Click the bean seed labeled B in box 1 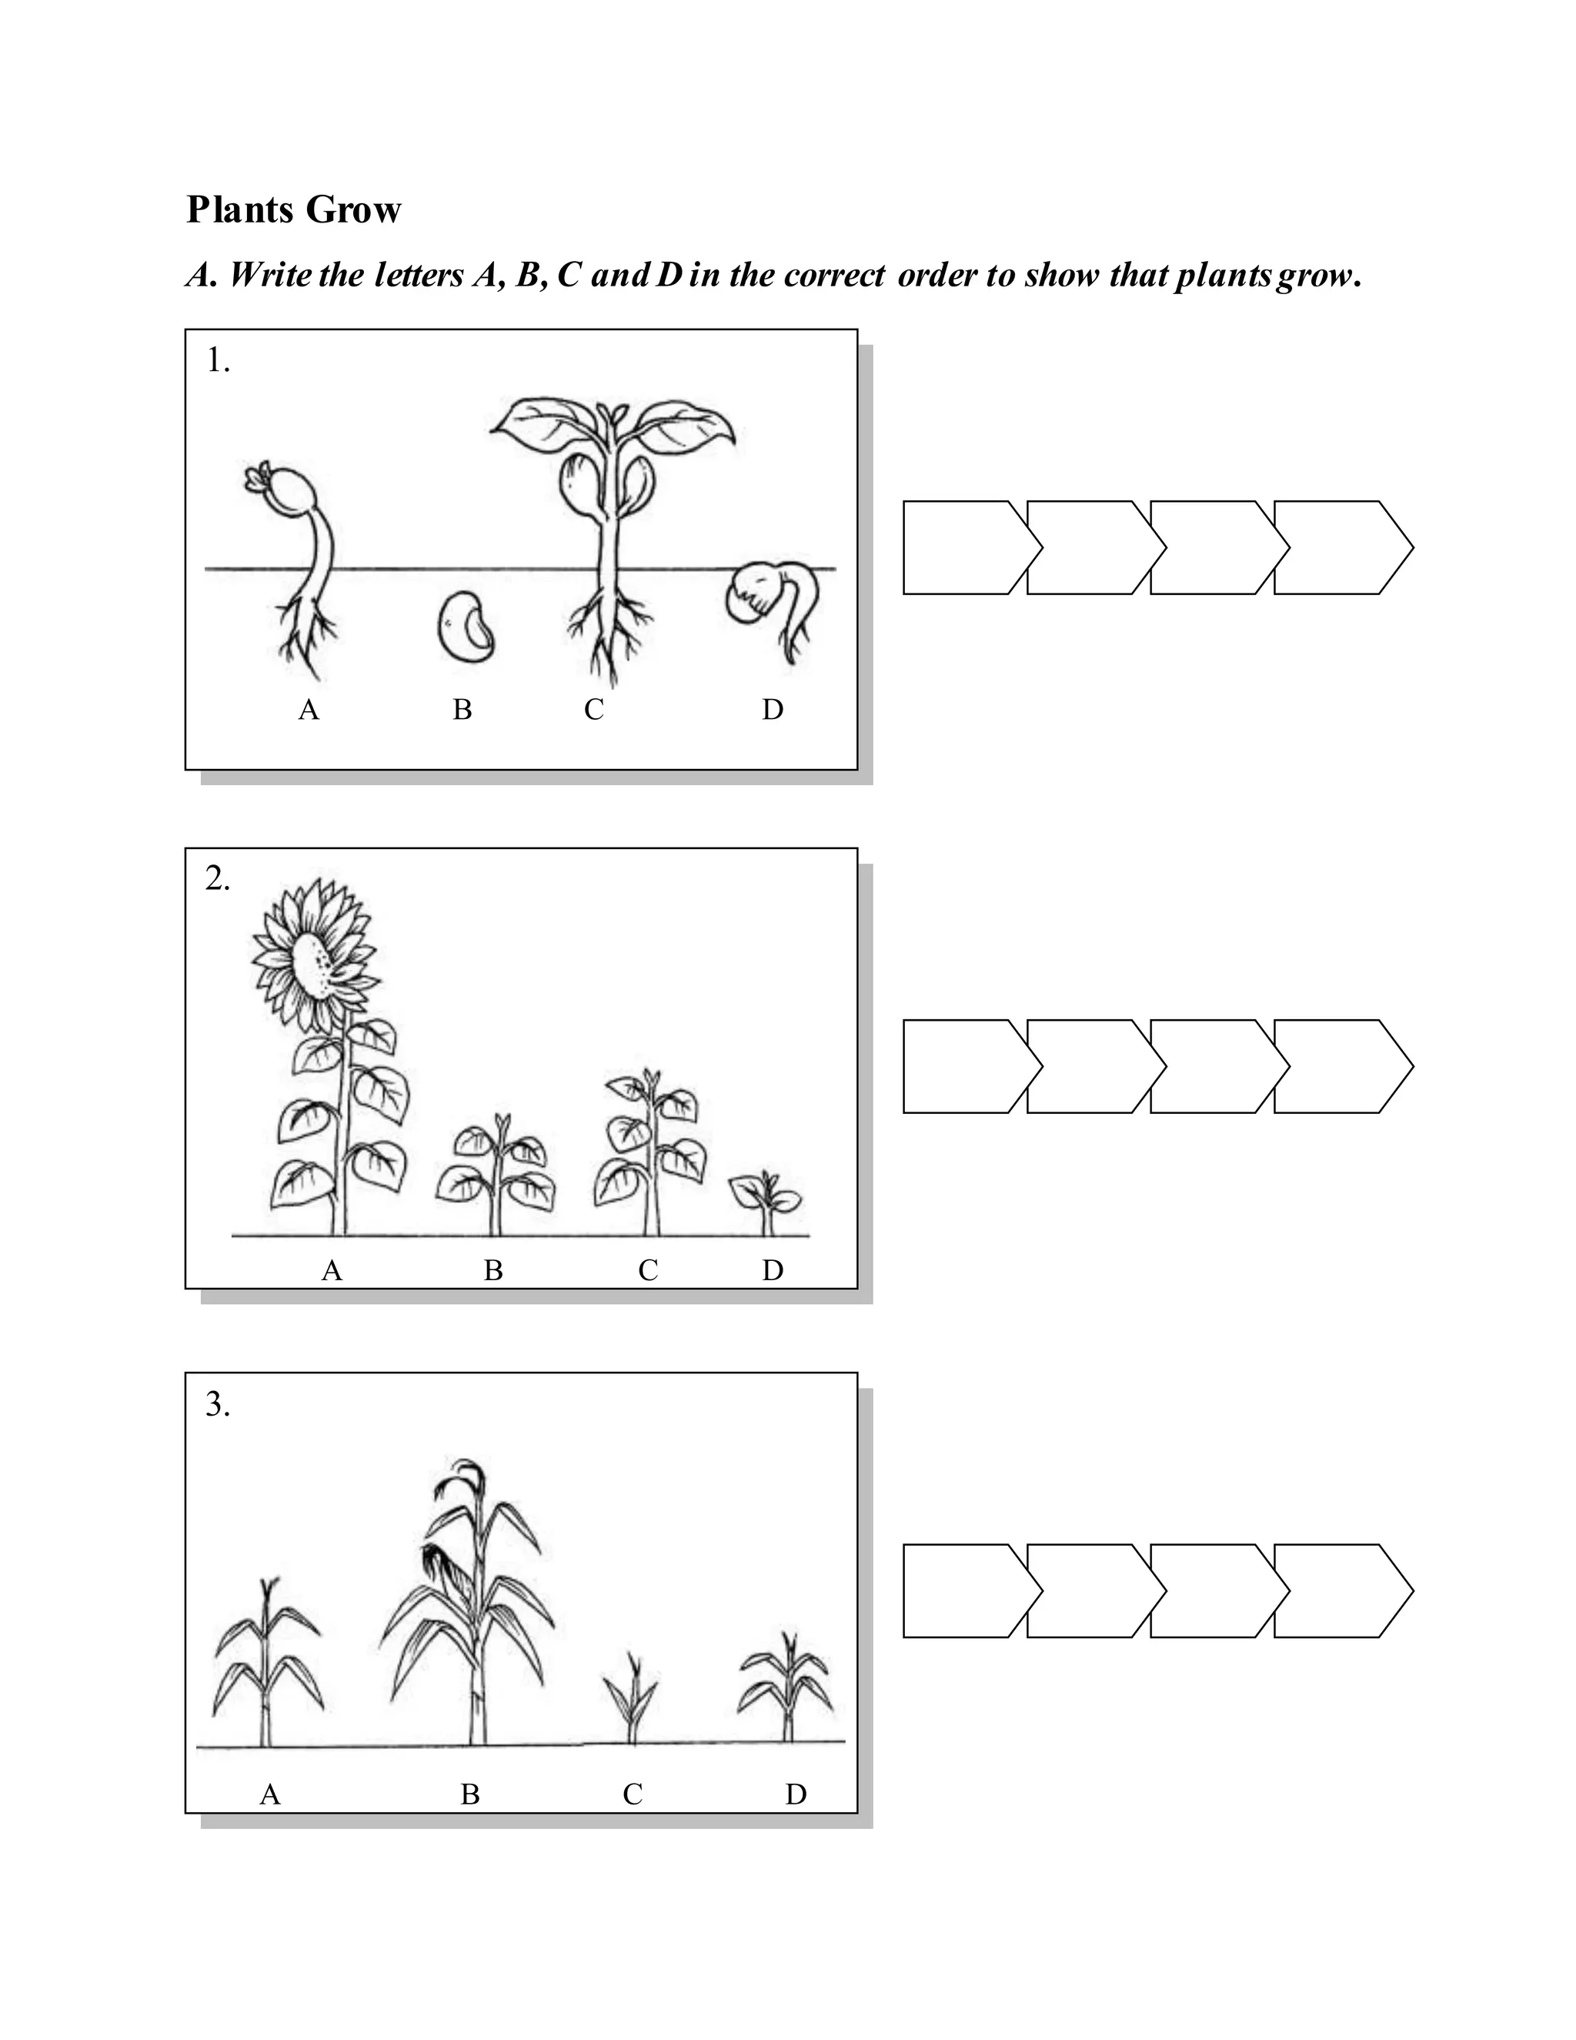point(464,626)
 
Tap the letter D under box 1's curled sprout point(772,711)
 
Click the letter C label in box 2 point(648,1270)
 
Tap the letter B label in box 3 point(469,1794)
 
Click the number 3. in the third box point(218,1405)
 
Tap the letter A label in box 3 point(270,1794)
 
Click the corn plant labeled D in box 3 point(787,1691)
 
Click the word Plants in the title point(242,210)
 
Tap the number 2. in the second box point(218,880)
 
